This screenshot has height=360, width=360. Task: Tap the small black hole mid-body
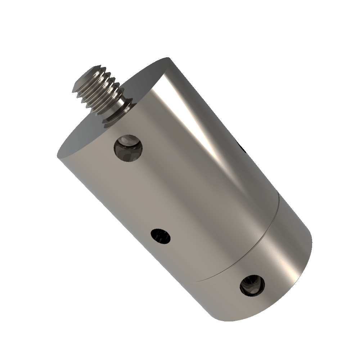pyautogui.click(x=161, y=237)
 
